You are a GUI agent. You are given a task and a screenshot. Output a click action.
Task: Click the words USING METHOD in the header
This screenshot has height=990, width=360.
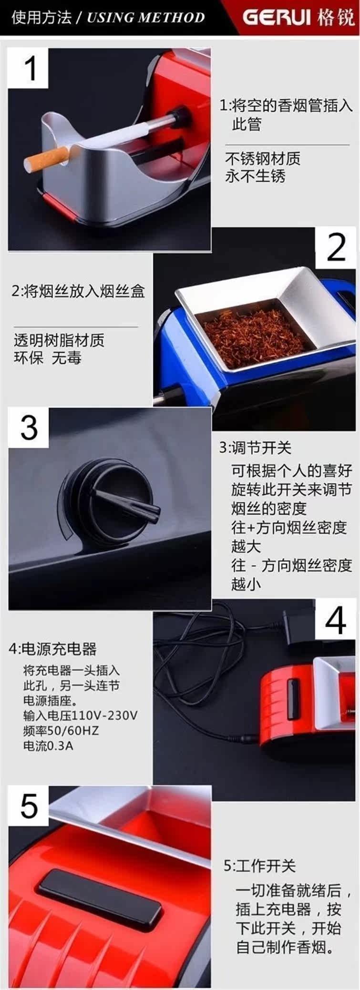(145, 18)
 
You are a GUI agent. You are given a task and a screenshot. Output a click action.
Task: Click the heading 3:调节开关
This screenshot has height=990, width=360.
(255, 448)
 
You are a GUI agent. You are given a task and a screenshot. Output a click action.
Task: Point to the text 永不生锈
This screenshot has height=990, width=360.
(255, 176)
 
